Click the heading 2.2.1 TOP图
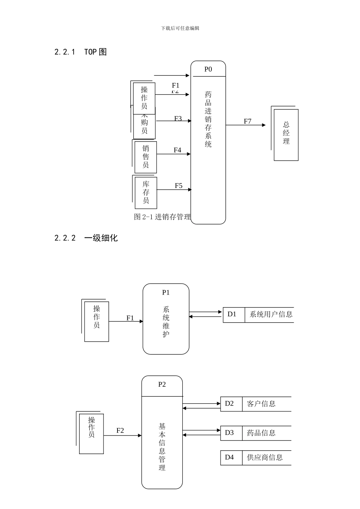coord(80,52)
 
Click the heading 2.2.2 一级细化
coord(86,238)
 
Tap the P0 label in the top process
coord(208,69)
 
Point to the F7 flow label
coord(247,121)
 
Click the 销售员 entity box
coord(146,156)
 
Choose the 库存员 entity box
coord(146,192)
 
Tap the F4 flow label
coord(177,150)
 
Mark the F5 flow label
coord(178,186)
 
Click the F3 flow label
coord(178,119)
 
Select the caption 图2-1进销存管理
coord(162,217)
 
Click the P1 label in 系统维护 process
coord(166,292)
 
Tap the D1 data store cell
coord(232,314)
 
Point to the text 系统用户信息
coord(271,314)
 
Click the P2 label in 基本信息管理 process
coord(162,384)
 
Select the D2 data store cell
coord(230,403)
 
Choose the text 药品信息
coord(261,432)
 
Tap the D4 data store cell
coord(230,457)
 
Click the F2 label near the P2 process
coord(120,430)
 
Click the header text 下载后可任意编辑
coord(180,28)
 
